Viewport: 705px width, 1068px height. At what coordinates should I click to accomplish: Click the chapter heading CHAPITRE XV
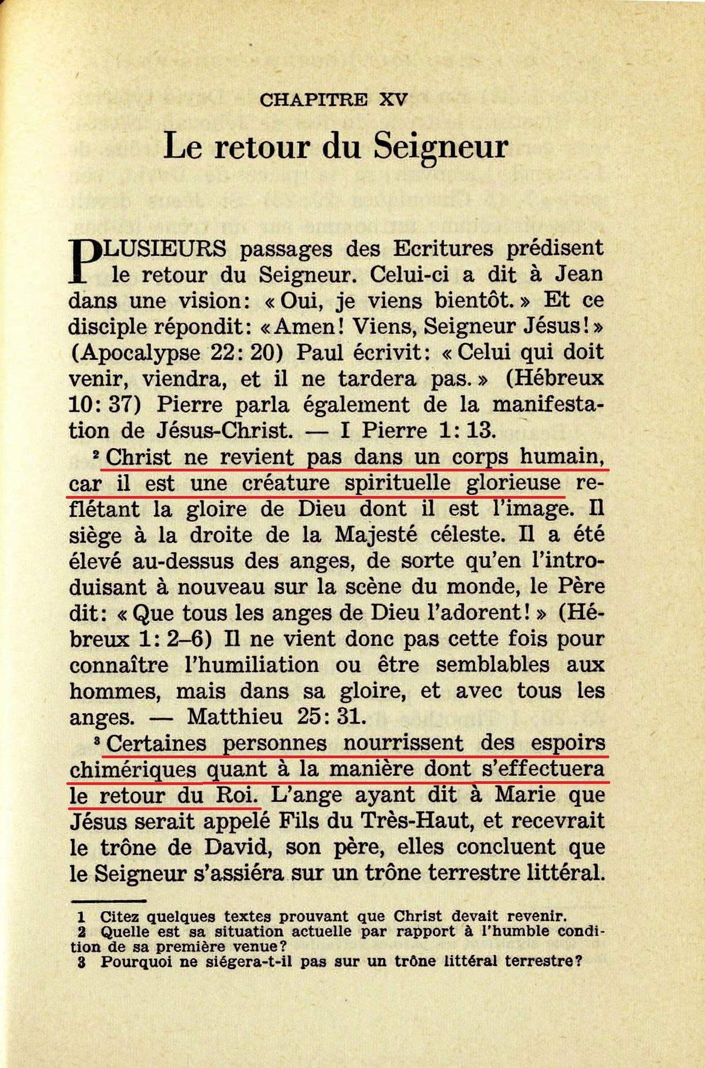(333, 100)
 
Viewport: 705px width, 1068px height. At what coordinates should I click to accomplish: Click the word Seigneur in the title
(441, 146)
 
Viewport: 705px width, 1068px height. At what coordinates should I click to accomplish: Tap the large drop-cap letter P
(86, 261)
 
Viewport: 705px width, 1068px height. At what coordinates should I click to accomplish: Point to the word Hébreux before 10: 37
(555, 378)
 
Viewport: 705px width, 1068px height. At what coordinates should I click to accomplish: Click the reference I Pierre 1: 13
(418, 430)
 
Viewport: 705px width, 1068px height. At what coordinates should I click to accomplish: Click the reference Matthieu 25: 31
(276, 716)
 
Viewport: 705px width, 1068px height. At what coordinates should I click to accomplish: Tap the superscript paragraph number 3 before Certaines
(97, 741)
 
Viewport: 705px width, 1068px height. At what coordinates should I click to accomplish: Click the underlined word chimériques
(133, 769)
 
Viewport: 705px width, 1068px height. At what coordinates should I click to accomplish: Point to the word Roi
(237, 795)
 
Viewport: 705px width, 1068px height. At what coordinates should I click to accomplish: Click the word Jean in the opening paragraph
(579, 274)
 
